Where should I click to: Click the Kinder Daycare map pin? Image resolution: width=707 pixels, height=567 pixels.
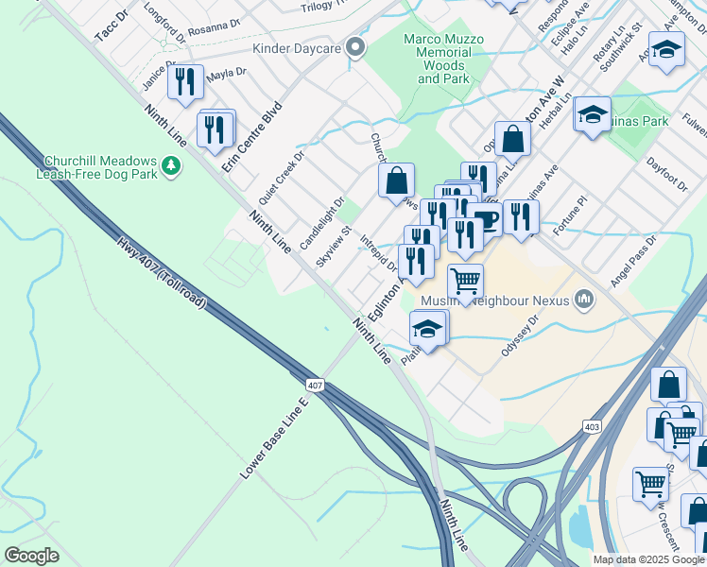355,47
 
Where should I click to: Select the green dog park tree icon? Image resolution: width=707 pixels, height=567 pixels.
171,167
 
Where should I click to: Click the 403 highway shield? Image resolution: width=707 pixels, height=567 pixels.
593,427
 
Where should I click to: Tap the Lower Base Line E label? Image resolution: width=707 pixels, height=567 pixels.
274,438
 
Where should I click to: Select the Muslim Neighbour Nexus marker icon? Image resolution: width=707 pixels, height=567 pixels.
585,300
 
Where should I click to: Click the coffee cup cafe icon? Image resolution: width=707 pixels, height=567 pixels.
487,219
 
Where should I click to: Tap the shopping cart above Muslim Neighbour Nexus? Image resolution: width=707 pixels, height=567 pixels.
465,280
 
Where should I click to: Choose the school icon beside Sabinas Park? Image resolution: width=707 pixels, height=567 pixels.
593,114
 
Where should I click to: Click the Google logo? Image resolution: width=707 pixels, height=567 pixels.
32,556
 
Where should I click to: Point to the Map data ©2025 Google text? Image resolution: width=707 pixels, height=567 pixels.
647,559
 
